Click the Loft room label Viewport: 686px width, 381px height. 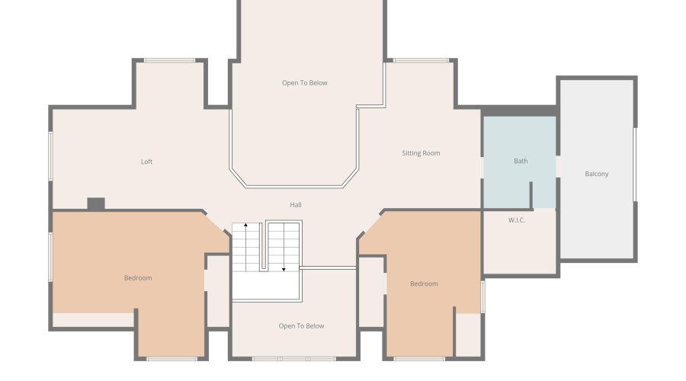(146, 162)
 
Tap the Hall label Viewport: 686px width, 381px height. (296, 205)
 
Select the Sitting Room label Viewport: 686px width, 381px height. (421, 153)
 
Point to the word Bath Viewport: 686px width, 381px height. (521, 161)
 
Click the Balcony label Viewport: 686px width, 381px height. (597, 174)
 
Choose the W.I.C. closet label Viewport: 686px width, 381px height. (517, 220)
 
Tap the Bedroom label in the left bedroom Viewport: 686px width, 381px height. (138, 278)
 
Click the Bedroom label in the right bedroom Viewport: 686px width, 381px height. (424, 283)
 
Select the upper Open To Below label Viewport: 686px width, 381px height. (304, 83)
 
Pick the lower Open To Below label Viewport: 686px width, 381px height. (301, 326)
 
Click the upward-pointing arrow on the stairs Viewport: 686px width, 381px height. (245, 226)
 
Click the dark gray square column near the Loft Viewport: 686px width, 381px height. (95, 203)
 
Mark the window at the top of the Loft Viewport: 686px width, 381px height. (169, 60)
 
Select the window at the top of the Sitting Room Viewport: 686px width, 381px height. (420, 60)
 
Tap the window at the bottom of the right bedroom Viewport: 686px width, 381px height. (419, 358)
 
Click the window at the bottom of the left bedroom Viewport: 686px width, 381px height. (171, 358)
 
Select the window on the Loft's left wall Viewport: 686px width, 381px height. (50, 156)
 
